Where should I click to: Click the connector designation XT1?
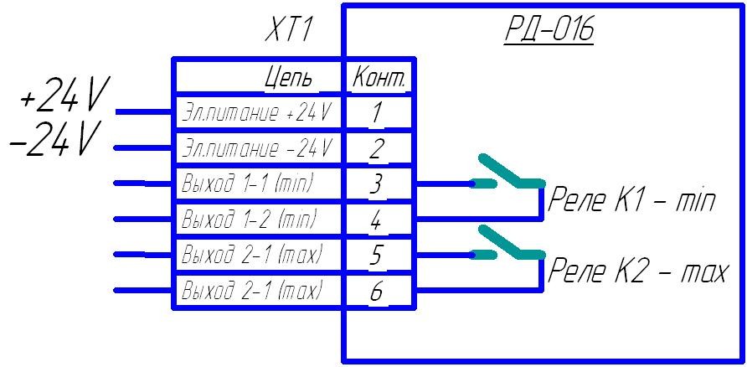click(x=288, y=33)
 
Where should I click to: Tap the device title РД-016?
click(x=549, y=33)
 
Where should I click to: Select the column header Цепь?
click(x=289, y=79)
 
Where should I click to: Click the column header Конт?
click(x=379, y=79)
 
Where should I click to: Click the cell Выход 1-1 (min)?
click(x=249, y=183)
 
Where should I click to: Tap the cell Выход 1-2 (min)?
click(x=249, y=220)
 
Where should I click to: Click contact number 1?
click(x=377, y=112)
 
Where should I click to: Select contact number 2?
click(x=377, y=148)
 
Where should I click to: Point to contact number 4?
click(x=377, y=220)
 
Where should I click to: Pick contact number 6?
click(x=377, y=291)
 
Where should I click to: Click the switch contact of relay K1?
click(x=506, y=173)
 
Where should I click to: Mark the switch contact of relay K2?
click(x=506, y=243)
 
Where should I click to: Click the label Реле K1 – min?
click(x=631, y=202)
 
